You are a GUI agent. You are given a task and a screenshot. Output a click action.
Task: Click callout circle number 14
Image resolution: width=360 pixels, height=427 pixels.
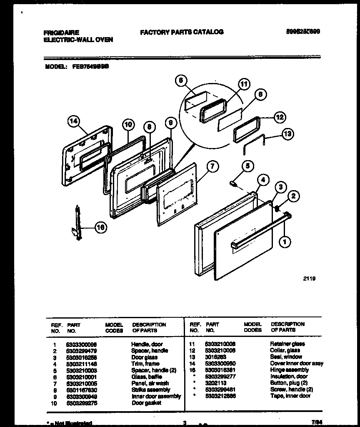pos(73,121)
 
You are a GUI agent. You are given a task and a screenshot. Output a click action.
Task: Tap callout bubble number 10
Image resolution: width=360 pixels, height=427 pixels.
pos(128,124)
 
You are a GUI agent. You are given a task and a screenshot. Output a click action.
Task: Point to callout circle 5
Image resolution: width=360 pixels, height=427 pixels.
pos(247,166)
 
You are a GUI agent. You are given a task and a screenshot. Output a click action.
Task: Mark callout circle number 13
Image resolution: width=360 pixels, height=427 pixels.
pos(287,134)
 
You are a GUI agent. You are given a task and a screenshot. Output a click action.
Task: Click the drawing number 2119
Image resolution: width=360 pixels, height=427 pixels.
pos(309,279)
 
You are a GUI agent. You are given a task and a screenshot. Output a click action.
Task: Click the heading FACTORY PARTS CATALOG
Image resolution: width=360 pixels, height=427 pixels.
pos(182,32)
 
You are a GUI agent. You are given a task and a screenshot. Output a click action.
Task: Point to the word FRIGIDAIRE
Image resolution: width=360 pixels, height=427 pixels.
pos(61,32)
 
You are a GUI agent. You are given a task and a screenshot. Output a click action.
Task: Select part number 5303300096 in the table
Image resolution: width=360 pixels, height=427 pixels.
pos(81,344)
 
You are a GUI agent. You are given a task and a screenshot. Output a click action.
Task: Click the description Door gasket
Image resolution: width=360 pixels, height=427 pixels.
pos(146,403)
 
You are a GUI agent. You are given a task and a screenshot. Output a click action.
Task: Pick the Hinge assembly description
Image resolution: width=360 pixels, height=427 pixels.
pos(289,370)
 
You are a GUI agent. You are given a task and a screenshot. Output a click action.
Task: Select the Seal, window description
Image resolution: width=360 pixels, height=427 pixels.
pos(286,357)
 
